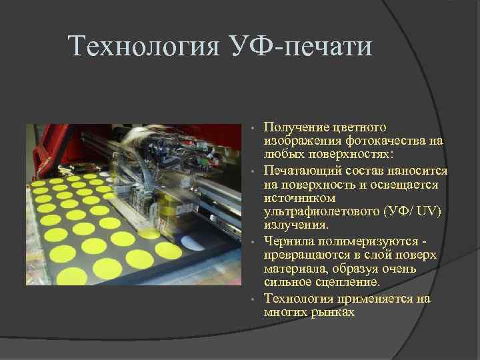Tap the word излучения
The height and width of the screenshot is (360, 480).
coord(292,225)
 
